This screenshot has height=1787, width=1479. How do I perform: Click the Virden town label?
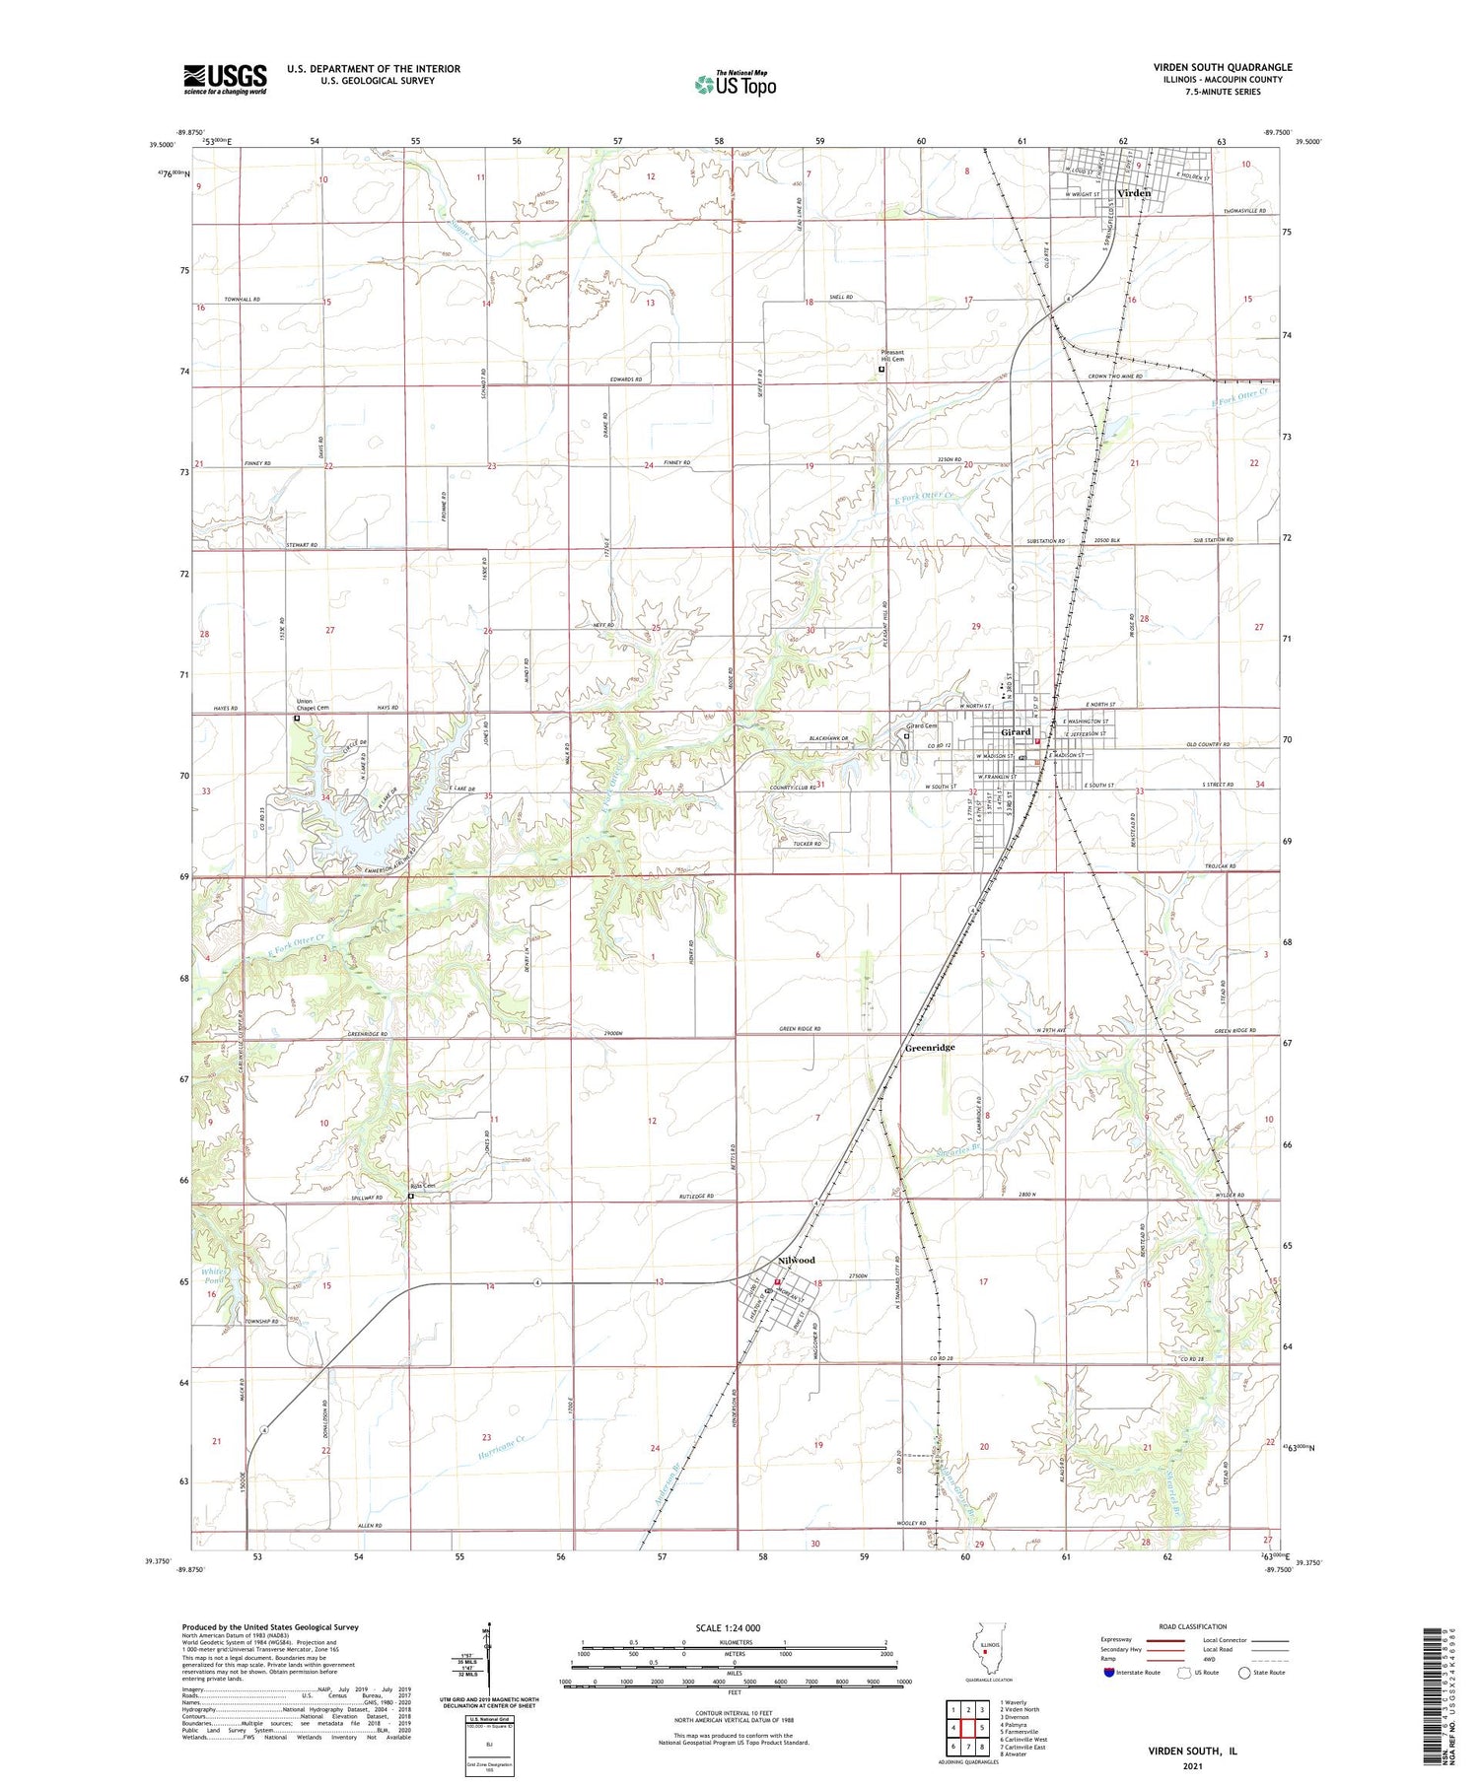tap(1134, 193)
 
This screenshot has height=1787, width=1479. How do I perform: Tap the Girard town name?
tap(1016, 732)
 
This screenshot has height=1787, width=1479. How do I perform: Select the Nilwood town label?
tap(797, 1261)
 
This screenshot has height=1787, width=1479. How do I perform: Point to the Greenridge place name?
tap(930, 1048)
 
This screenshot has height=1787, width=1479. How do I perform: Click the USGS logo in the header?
tap(225, 79)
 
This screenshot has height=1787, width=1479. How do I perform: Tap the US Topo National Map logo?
tap(736, 84)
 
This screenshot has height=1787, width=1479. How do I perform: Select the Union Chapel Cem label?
tap(313, 705)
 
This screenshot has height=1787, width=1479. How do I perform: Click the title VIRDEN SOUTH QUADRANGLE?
tap(1223, 67)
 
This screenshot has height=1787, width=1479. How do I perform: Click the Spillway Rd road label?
tap(366, 1198)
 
